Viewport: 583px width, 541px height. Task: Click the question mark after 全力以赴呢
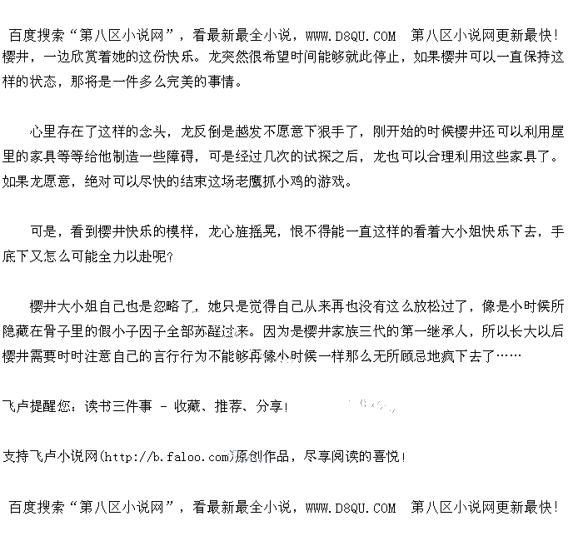pyautogui.click(x=169, y=257)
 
